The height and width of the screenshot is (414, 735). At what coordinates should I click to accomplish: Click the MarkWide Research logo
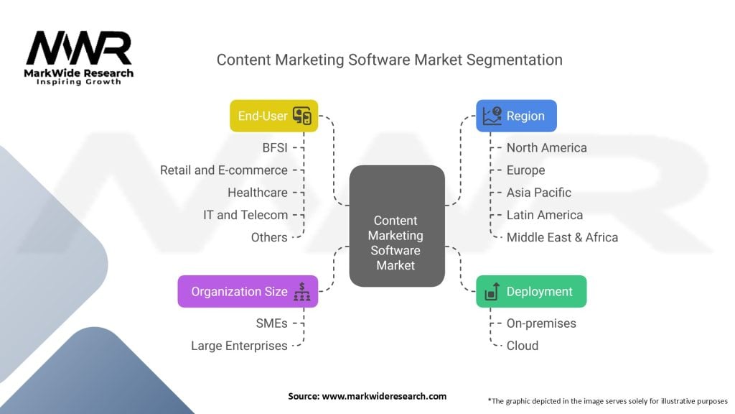79,57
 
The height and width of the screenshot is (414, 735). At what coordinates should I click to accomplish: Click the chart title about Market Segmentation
389,60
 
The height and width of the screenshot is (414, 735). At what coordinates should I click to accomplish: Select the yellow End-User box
273,116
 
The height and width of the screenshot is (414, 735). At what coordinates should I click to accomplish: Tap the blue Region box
516,116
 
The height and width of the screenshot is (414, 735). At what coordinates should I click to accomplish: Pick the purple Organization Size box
248,292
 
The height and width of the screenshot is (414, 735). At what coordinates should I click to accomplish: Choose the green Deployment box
531,292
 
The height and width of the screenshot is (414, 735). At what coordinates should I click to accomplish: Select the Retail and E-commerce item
224,170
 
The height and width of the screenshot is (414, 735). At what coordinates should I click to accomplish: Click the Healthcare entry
258,193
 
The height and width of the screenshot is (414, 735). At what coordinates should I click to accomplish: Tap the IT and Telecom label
246,215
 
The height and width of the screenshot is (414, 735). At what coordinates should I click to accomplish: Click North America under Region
546,148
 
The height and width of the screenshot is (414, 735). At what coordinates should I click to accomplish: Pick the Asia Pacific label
538,193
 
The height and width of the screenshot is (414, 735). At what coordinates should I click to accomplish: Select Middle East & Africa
562,237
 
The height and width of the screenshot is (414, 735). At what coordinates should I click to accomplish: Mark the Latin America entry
544,215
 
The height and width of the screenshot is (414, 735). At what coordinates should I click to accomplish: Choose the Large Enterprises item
239,346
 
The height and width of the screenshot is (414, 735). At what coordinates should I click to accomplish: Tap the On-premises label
541,323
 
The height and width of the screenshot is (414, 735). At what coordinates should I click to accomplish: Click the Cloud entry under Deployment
522,346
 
